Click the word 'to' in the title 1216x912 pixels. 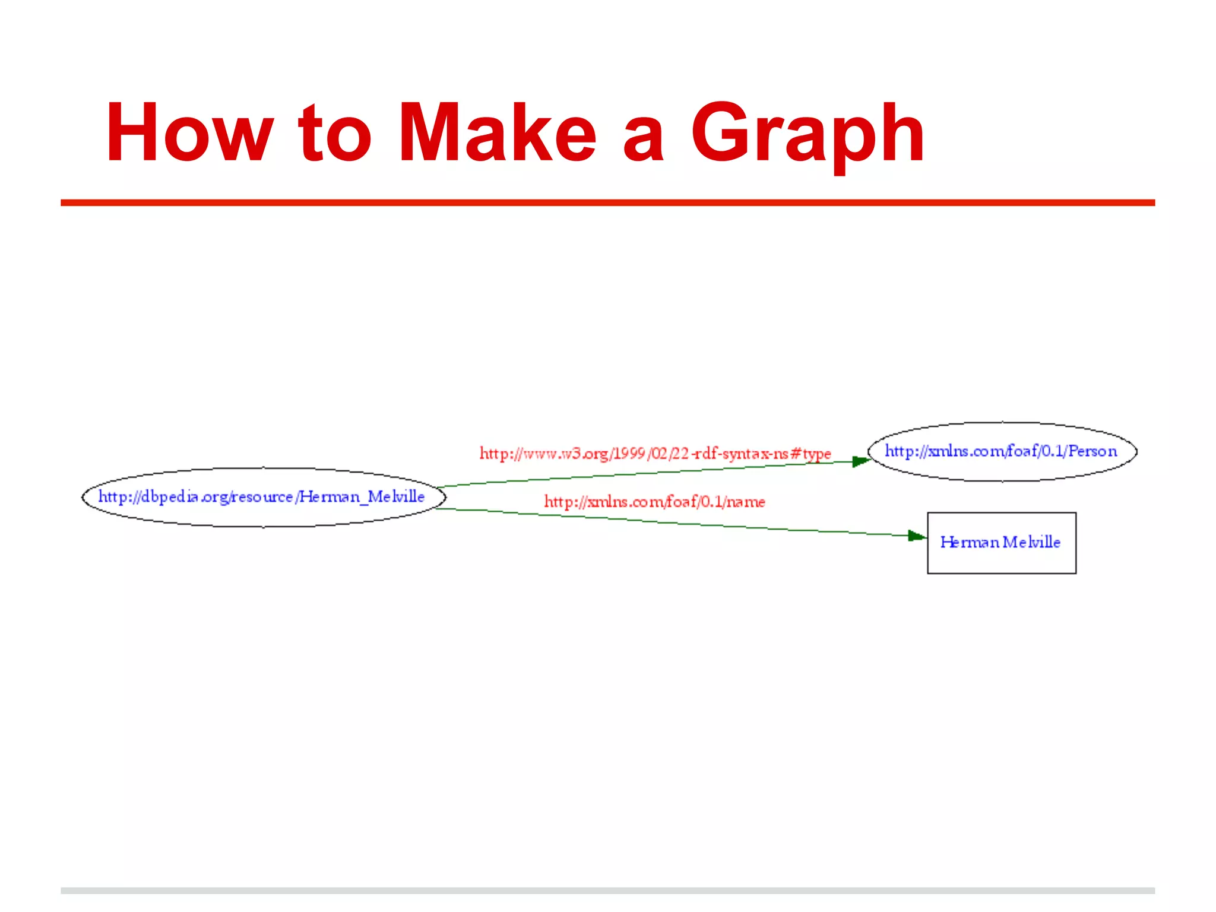coord(335,134)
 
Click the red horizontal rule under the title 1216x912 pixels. coord(607,202)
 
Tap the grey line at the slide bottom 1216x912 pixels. coord(607,891)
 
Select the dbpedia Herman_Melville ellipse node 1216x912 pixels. coord(263,497)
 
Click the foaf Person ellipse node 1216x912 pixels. coord(1002,451)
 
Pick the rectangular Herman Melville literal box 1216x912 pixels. coord(1002,543)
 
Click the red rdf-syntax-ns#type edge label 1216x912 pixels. coord(655,454)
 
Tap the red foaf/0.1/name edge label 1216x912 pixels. coord(654,502)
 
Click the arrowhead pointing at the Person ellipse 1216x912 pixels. coord(861,461)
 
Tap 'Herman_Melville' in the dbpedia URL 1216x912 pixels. coord(362,496)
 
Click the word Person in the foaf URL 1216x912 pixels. coord(1092,451)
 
